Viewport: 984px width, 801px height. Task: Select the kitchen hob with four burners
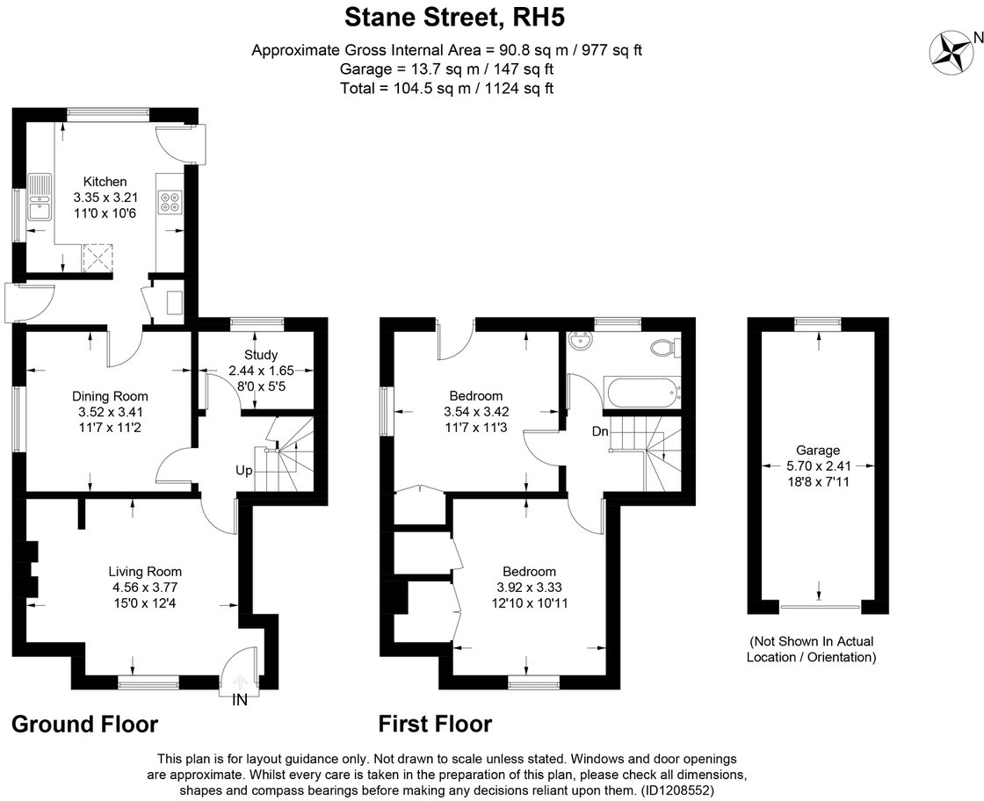169,203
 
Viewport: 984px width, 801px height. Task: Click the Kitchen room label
105,182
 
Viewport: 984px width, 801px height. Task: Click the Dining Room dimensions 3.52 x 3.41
110,411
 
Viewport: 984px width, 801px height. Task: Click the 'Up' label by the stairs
243,471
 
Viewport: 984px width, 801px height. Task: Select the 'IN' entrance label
240,700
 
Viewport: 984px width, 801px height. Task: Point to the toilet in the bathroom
664,348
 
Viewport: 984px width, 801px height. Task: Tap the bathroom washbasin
579,341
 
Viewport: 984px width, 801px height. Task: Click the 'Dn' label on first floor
600,431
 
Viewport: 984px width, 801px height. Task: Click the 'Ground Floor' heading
84,724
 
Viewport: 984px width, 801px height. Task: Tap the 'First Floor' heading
435,724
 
